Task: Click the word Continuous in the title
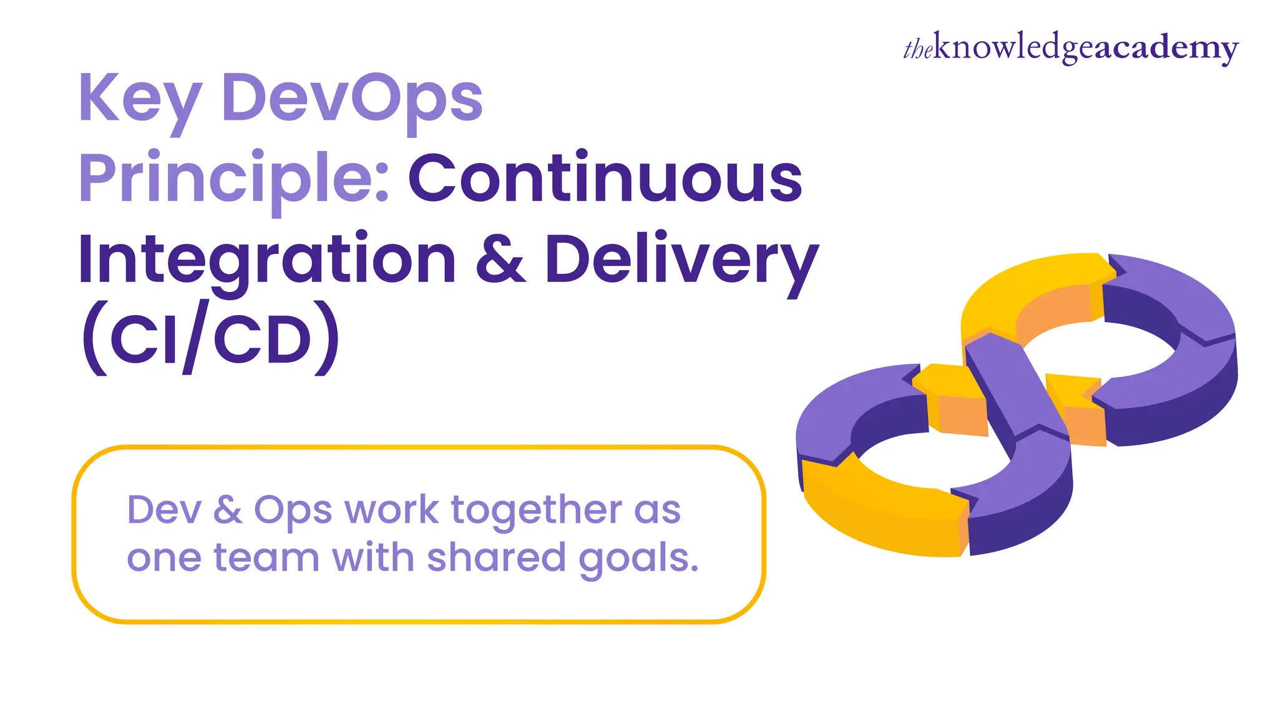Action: pos(605,179)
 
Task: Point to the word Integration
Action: pos(267,260)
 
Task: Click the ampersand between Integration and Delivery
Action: pos(500,258)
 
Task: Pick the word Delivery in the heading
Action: pos(681,260)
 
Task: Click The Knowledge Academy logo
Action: pos(1071,47)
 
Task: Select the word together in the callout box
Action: pos(536,510)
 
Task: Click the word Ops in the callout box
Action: pos(293,511)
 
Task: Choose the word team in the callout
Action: pos(266,557)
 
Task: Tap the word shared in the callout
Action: pos(496,557)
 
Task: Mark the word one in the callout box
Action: pos(164,557)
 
